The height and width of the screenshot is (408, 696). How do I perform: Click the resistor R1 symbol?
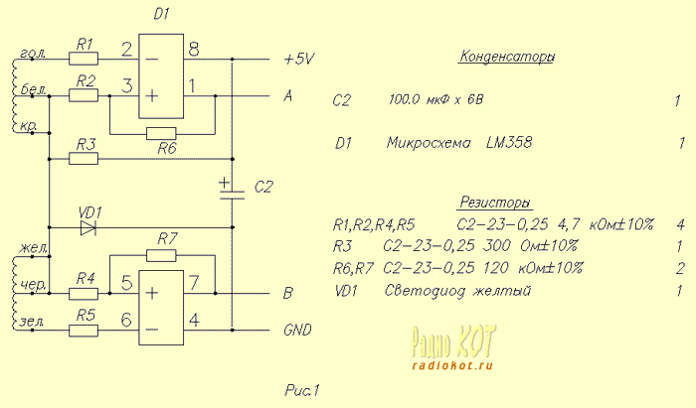[x=84, y=59]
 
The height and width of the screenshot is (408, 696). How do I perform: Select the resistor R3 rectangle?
[x=84, y=158]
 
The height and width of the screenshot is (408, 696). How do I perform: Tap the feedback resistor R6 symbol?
[x=161, y=133]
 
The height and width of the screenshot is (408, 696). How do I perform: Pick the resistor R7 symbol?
[x=161, y=255]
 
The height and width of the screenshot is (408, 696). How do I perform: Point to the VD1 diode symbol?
[x=88, y=226]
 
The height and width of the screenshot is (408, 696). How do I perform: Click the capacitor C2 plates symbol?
[x=232, y=195]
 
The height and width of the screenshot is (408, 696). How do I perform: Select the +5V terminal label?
[x=298, y=60]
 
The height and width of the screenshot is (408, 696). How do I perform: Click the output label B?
[x=287, y=294]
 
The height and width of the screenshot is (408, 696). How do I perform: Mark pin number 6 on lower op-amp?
[x=126, y=320]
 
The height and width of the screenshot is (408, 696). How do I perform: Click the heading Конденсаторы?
[x=506, y=57]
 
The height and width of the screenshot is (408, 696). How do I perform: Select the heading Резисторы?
[x=495, y=202]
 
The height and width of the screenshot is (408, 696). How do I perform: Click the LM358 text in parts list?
[x=509, y=143]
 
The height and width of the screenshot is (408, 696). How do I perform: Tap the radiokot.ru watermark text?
[x=450, y=364]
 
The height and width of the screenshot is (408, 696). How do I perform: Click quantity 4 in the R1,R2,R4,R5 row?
[x=679, y=224]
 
